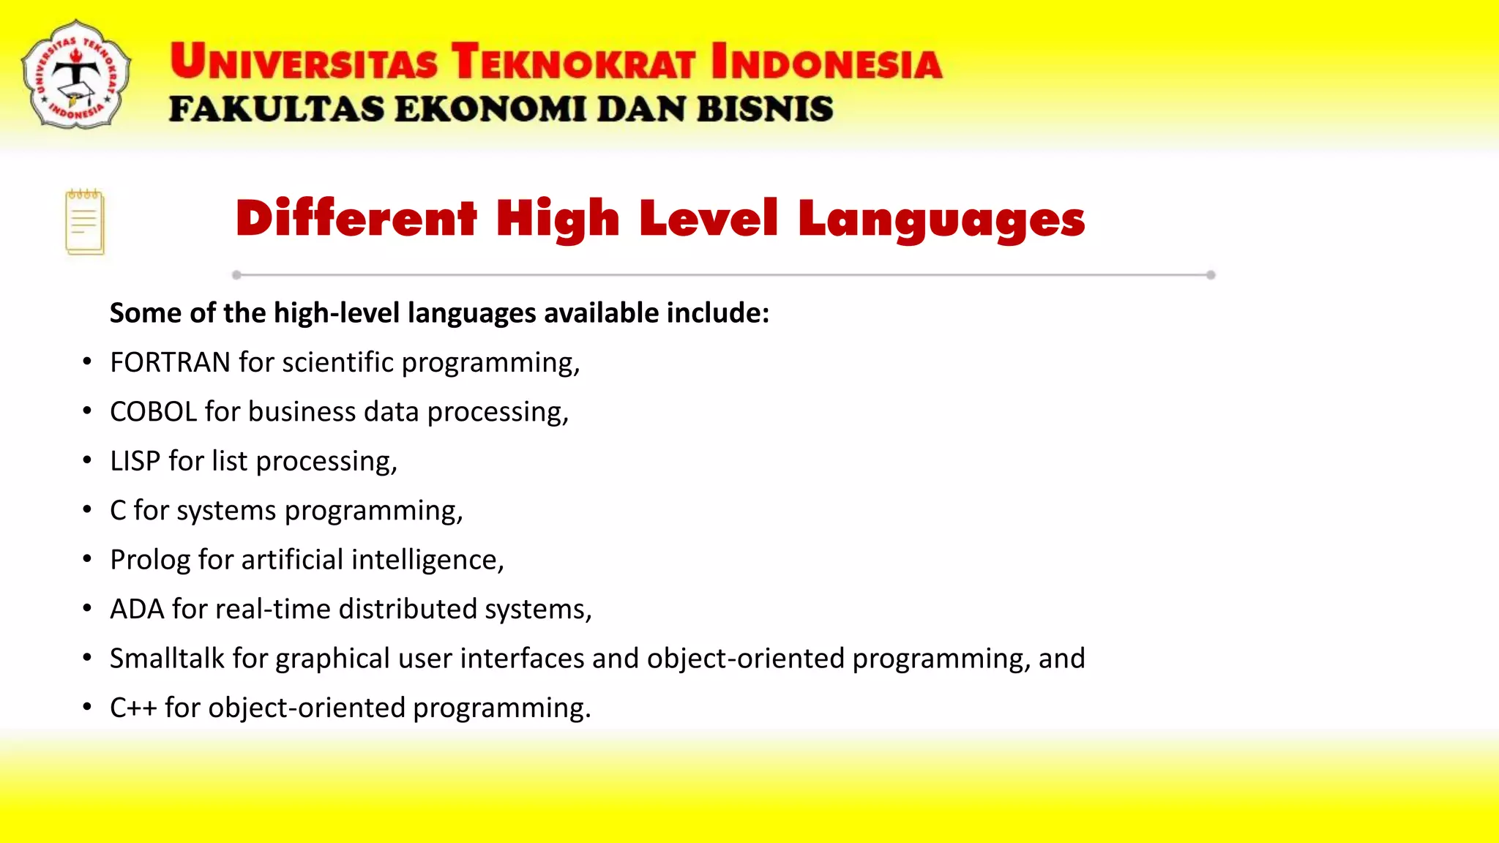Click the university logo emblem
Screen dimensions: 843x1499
pos(76,75)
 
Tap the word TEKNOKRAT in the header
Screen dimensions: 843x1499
pos(572,61)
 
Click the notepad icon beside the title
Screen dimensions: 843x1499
pos(85,222)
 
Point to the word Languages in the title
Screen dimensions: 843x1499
pos(941,219)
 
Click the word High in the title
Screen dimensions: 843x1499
pos(558,219)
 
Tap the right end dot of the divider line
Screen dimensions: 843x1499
pos(1211,275)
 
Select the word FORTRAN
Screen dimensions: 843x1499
pos(170,363)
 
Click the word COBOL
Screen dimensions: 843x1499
pos(154,412)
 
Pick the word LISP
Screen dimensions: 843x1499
pos(135,461)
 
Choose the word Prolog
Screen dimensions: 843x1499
pos(150,561)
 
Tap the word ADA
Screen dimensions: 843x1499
pos(137,609)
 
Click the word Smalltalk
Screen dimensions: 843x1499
pos(167,659)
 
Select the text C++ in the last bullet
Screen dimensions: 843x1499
pos(133,708)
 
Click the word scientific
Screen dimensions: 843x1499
pos(338,363)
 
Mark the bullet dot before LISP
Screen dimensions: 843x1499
pos(87,460)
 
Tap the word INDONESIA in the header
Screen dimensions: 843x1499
pos(826,61)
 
